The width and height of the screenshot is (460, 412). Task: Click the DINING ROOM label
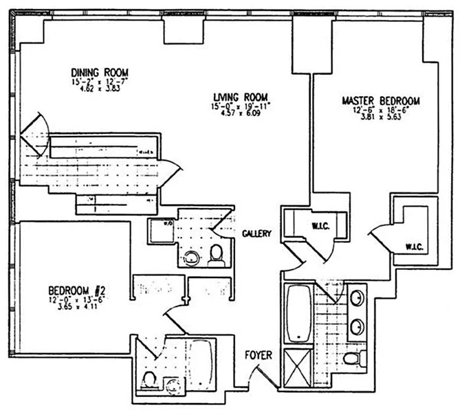[100, 71]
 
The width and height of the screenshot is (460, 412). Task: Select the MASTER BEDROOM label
[380, 100]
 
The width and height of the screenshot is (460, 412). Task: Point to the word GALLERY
[257, 233]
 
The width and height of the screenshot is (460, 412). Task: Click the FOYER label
[259, 355]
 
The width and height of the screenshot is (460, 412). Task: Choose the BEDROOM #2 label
[76, 290]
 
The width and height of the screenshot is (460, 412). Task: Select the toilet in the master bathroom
[353, 358]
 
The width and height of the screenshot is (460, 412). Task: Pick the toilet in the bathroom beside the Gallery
[217, 255]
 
